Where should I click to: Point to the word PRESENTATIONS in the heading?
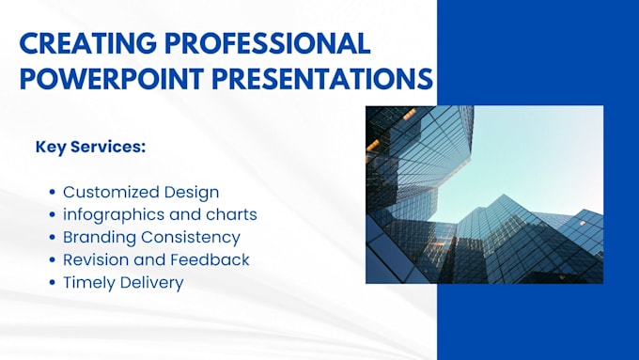click(326, 79)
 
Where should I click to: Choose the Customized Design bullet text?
click(141, 193)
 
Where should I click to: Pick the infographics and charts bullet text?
click(160, 215)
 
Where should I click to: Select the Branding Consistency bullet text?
click(151, 238)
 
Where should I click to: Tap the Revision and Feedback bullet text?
click(156, 260)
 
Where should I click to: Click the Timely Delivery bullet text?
click(123, 283)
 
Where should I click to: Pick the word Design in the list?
click(192, 193)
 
